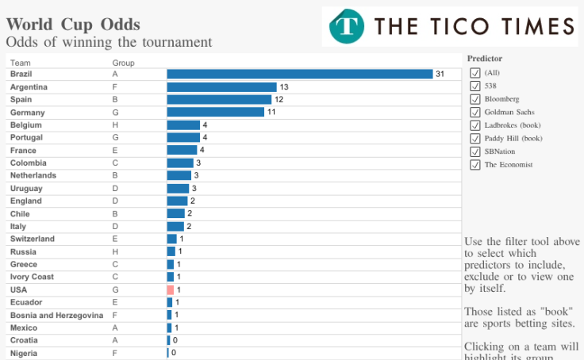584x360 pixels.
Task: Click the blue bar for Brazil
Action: (299, 74)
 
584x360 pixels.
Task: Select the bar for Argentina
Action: (221, 86)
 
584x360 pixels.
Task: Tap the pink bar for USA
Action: (170, 290)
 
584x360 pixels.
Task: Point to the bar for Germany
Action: (215, 112)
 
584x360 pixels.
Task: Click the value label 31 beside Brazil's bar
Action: (440, 74)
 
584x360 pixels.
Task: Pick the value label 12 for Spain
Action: (279, 100)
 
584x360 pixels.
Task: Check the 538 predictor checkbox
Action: (475, 86)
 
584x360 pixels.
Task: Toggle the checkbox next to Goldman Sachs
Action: (475, 112)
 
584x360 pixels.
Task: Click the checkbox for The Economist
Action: (475, 164)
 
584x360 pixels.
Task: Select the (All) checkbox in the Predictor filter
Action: (475, 73)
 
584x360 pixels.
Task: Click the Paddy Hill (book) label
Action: (513, 138)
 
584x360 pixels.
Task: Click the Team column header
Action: (20, 62)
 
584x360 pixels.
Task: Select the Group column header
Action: (123, 62)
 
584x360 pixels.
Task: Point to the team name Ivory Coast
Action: (31, 277)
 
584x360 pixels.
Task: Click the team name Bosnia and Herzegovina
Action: (56, 315)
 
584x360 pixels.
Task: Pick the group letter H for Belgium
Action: (115, 124)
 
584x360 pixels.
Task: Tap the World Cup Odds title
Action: (73, 24)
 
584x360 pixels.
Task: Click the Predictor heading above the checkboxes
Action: (484, 58)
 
